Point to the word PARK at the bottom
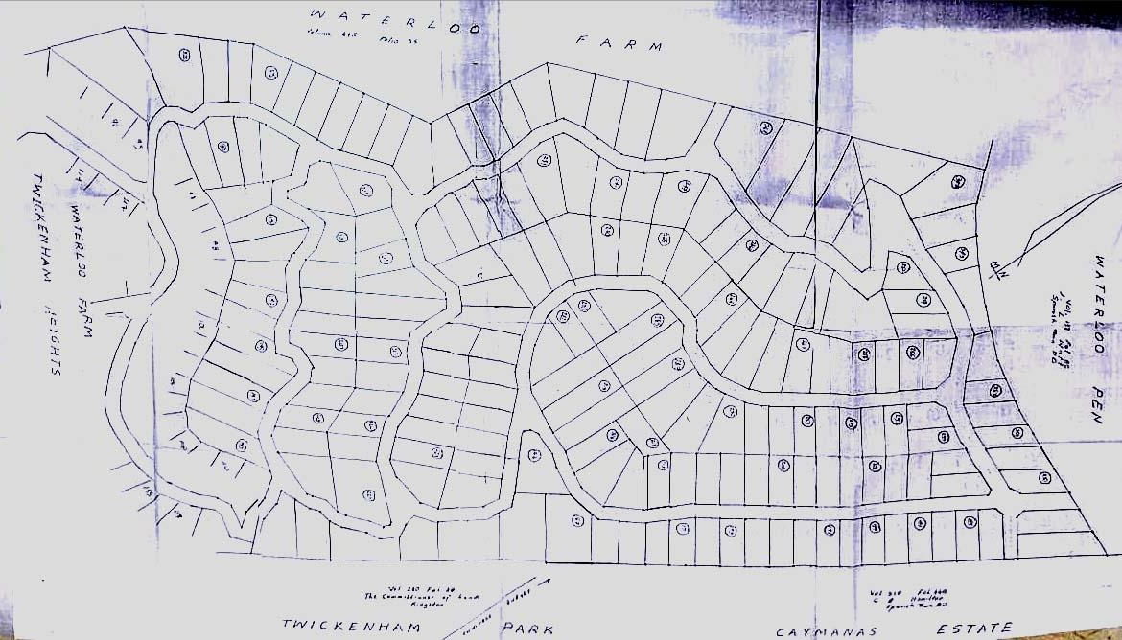(x=527, y=629)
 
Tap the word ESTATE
(x=972, y=629)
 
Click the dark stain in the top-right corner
(x=1007, y=14)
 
